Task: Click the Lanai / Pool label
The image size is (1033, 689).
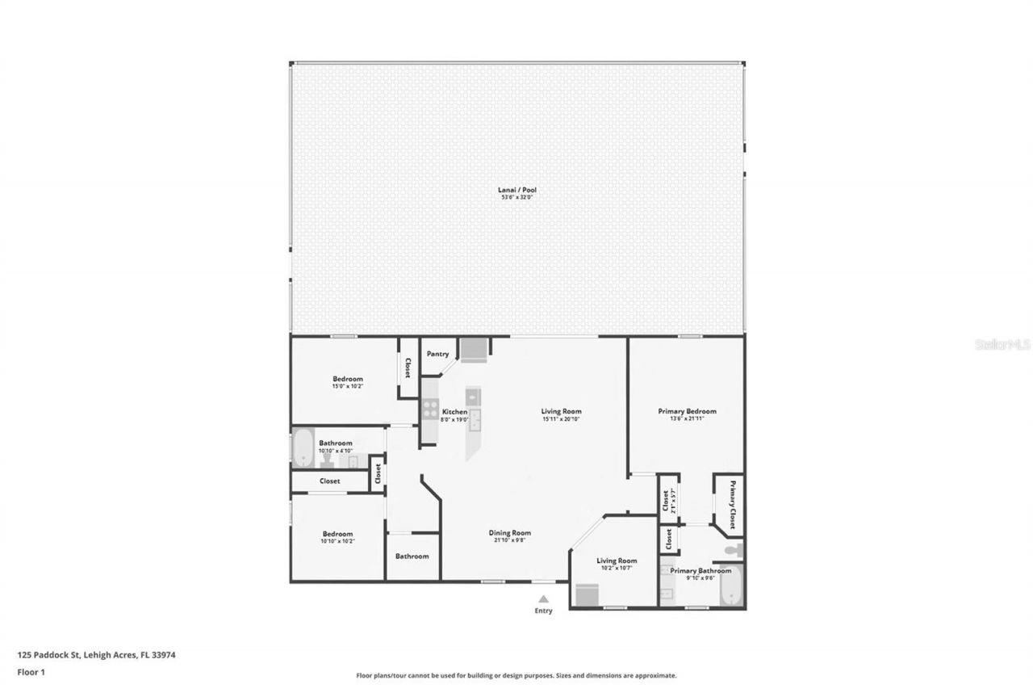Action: (x=516, y=190)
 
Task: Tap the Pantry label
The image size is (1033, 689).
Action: (x=437, y=354)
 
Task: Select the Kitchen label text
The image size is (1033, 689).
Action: (x=454, y=412)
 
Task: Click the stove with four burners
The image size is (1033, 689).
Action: (x=430, y=409)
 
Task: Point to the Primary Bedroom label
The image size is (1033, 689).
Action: (x=687, y=411)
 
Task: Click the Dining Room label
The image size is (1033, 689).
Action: (x=509, y=532)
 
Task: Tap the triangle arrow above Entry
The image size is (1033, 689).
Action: (x=543, y=599)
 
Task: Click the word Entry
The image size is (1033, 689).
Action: (x=543, y=611)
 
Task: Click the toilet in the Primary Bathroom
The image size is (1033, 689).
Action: (x=733, y=550)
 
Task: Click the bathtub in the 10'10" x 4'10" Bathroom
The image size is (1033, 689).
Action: (x=303, y=447)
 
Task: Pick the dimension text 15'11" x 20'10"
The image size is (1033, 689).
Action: (x=561, y=418)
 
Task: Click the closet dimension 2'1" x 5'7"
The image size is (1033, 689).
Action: (x=672, y=502)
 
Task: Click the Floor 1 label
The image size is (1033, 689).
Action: (x=31, y=671)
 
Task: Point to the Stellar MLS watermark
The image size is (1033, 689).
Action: (x=1002, y=344)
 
